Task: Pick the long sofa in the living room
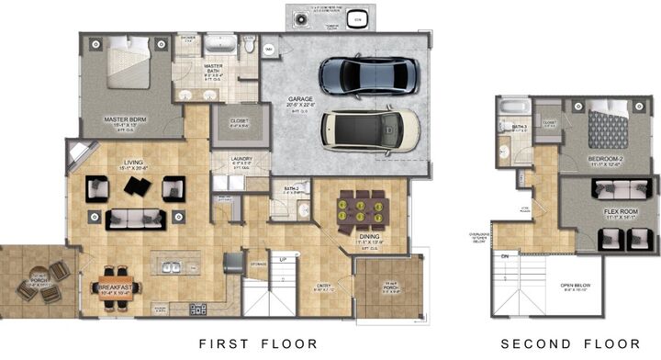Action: click(136, 219)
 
